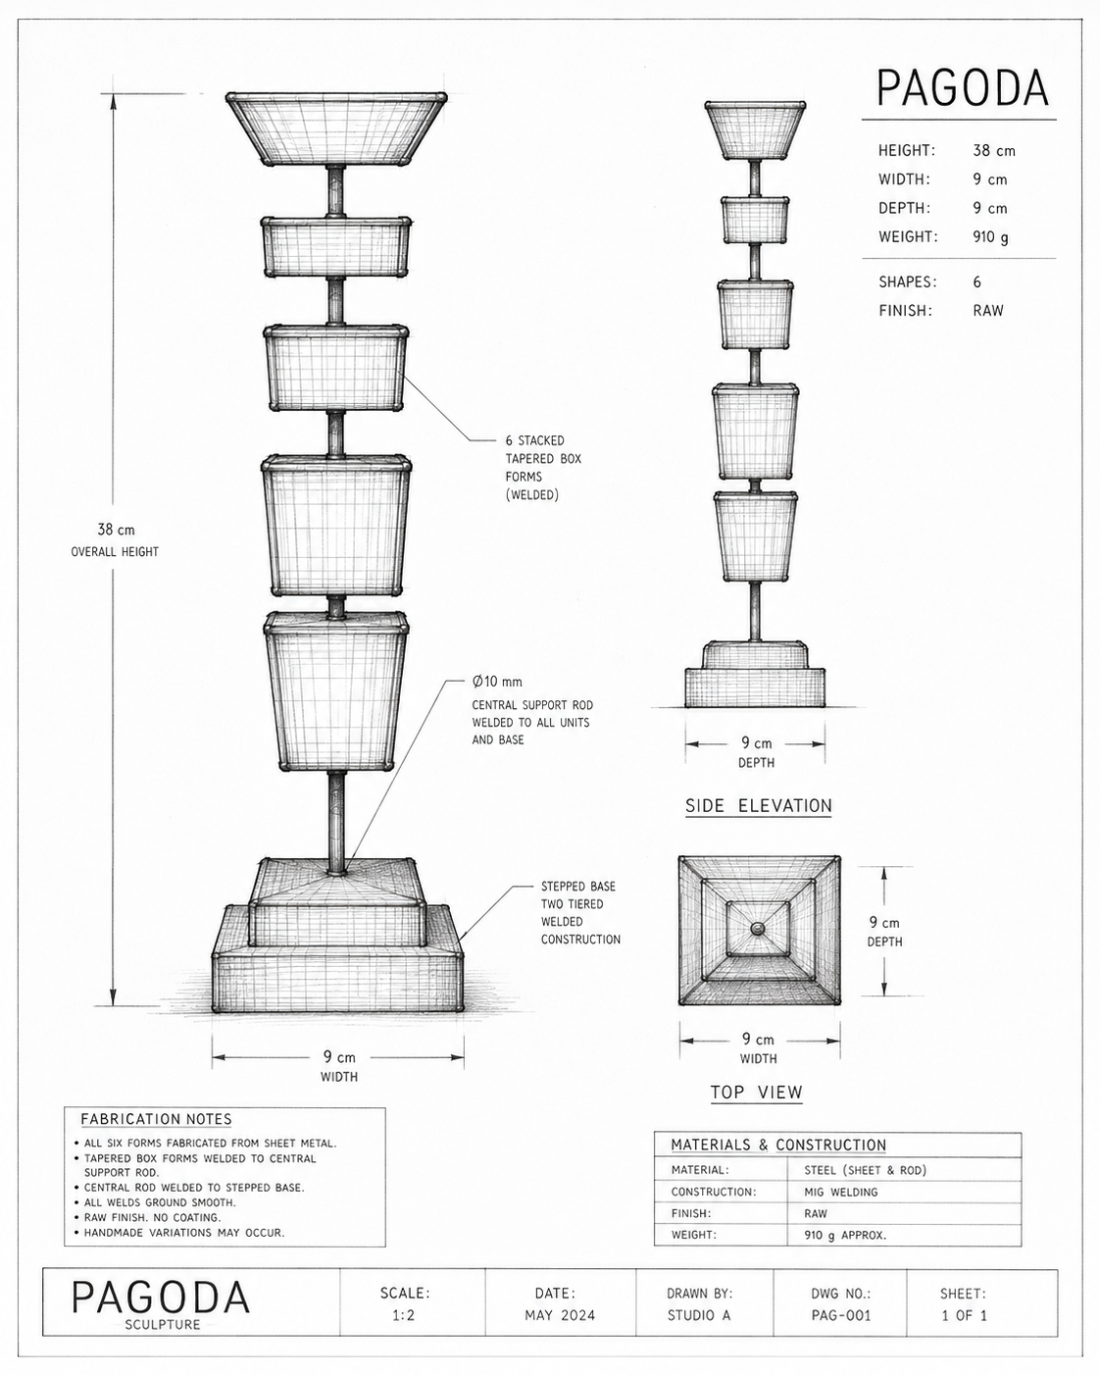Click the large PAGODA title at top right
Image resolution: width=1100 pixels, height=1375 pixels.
coord(962,88)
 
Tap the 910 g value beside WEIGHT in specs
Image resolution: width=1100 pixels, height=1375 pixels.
coord(991,237)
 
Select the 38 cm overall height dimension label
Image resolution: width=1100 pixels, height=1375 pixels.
coord(116,530)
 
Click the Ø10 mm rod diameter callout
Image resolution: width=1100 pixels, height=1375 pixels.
coord(497,682)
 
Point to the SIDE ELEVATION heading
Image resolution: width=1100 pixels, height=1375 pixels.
coord(759,806)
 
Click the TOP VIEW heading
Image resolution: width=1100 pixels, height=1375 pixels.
coord(757,1092)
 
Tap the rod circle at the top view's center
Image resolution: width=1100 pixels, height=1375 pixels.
coord(758,929)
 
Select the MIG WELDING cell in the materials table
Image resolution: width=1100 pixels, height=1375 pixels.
coord(841,1192)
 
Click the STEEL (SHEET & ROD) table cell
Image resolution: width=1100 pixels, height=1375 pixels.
coord(866,1170)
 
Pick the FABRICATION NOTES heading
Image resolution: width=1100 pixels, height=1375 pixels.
coord(156,1119)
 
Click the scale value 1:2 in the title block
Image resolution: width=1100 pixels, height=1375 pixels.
coord(404,1315)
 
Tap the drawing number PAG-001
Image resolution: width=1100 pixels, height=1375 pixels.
coord(841,1315)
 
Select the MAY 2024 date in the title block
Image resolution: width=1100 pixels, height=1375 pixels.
coord(560,1315)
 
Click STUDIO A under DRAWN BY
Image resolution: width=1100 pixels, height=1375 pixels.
coord(699,1315)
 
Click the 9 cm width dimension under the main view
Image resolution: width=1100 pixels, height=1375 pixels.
coord(339,1057)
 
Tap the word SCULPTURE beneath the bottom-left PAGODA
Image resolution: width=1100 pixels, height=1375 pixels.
coord(163,1325)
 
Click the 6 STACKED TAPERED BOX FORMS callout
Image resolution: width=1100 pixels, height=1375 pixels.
coord(543,467)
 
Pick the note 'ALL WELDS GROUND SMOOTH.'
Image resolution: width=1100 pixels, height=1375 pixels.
coord(161,1201)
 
